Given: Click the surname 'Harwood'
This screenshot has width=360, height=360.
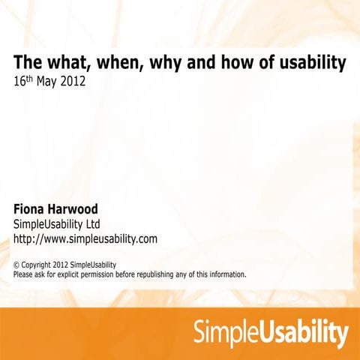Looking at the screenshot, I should pos(92,208).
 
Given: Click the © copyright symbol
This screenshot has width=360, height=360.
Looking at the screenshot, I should pos(17,265).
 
